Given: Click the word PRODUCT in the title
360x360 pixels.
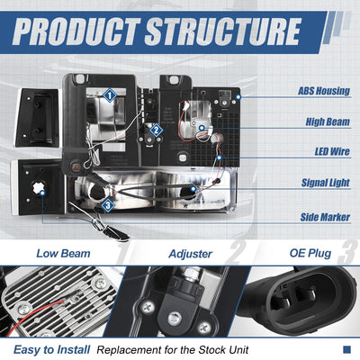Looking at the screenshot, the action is point(76,31).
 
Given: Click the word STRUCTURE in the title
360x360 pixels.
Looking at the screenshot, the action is point(223,31).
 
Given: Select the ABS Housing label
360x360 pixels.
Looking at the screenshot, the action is point(324,91).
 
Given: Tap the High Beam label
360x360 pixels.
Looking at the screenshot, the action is point(328,121).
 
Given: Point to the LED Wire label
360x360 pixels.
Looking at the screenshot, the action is point(332,151).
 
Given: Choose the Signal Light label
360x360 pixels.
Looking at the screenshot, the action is point(326,183).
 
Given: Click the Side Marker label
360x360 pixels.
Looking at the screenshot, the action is point(325,217).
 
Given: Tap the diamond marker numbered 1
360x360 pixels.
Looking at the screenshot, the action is point(110,95).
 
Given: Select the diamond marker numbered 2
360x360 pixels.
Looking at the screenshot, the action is point(156,130).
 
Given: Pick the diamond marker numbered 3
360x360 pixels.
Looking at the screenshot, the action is point(108,206).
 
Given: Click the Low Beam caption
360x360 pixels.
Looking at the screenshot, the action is point(63,254).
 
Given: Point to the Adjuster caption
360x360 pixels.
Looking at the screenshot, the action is point(191,254).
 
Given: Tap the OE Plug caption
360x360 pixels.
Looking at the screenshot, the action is point(310,254).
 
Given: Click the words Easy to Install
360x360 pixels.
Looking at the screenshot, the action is point(51,350).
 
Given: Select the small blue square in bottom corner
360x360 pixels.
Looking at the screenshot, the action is point(346,349).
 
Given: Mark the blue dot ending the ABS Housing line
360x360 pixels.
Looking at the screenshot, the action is point(238,97).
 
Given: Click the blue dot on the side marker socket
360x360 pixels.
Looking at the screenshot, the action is point(42,193).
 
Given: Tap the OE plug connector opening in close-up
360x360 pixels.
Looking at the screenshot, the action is point(299,300).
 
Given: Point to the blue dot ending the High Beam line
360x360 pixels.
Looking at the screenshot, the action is point(202,128).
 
